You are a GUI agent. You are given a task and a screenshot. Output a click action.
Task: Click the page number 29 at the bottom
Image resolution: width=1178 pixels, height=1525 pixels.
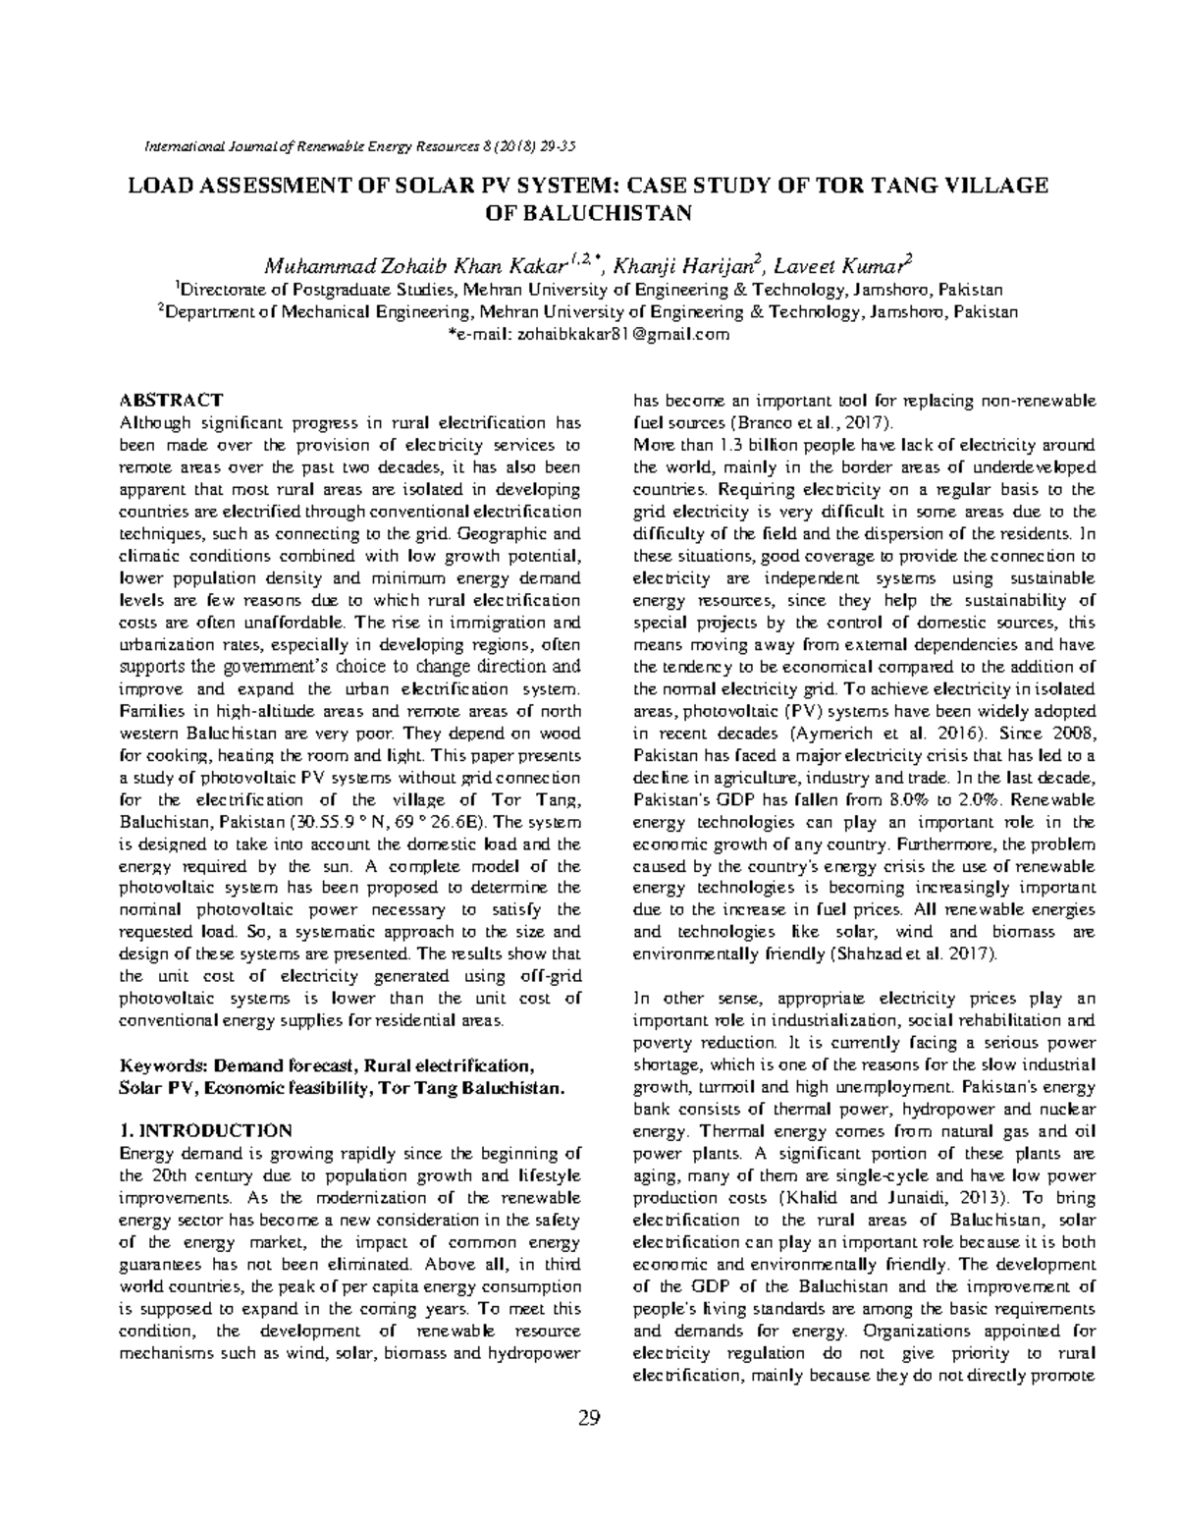(589, 1417)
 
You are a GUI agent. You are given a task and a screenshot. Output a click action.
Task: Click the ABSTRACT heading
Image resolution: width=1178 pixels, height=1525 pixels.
(171, 401)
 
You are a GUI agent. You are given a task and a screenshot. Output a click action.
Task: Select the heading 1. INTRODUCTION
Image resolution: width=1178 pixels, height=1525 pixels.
(205, 1129)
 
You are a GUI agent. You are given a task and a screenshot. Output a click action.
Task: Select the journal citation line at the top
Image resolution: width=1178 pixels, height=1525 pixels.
(359, 146)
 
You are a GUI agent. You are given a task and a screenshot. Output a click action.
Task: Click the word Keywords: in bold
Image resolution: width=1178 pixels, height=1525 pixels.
(164, 1064)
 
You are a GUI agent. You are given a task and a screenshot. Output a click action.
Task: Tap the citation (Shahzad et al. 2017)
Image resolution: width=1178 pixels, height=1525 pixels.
(914, 953)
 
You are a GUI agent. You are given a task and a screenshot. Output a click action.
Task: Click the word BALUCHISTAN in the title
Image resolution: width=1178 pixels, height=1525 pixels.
(590, 213)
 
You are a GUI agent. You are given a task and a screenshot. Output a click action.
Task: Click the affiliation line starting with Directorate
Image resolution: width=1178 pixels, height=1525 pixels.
(589, 291)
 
